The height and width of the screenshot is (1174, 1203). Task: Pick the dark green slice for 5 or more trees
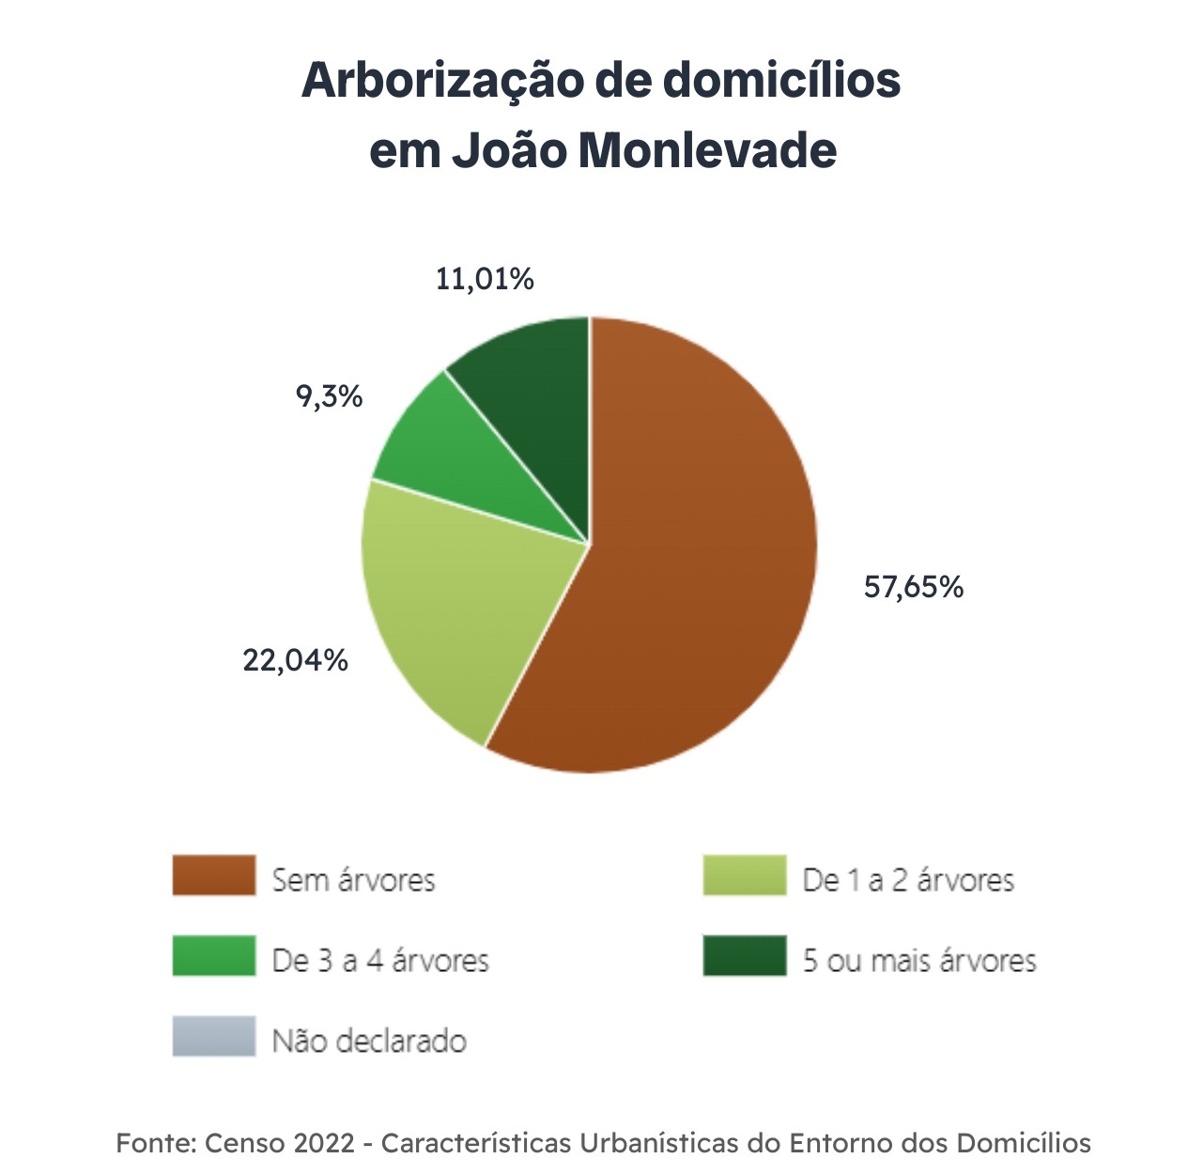(535, 394)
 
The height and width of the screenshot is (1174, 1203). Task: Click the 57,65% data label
(913, 587)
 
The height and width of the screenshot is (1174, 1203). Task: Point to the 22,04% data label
(295, 660)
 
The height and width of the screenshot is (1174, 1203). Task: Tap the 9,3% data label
(329, 396)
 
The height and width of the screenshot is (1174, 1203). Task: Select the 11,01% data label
(485, 279)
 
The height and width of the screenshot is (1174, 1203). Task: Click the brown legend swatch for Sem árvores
(214, 875)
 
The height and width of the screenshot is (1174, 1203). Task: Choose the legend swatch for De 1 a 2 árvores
(744, 875)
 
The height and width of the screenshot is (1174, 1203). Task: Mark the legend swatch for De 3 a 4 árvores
(214, 956)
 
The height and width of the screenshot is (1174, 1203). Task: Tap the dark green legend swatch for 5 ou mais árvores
(744, 956)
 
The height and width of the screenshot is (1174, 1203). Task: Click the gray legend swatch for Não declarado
(214, 1037)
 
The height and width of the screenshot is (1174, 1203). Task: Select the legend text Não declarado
(369, 1041)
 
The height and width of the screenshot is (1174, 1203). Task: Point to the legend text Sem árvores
(353, 880)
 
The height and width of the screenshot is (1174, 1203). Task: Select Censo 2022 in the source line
(280, 1143)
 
